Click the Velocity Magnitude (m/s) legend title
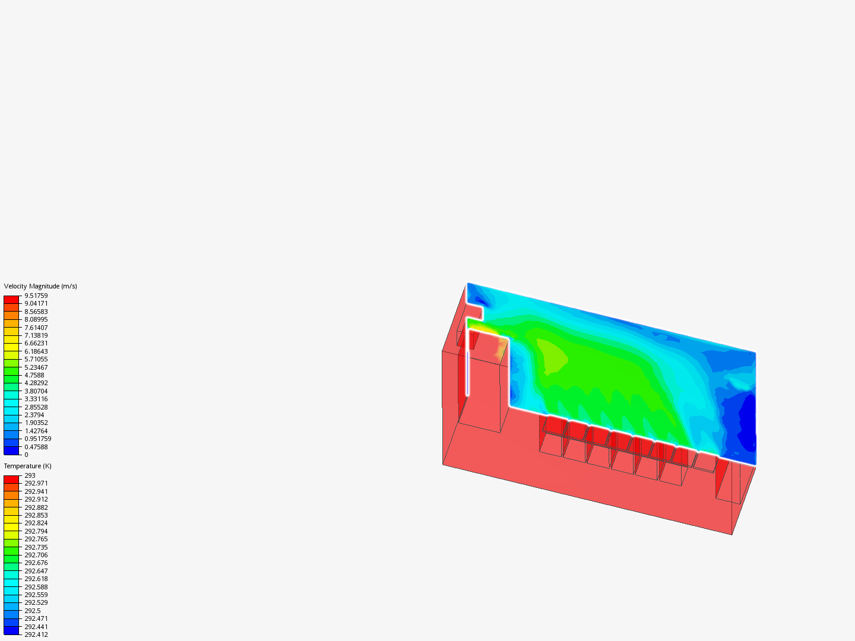(40, 287)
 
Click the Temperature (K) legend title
(28, 467)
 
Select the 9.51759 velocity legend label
(36, 296)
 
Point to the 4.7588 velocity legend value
(34, 375)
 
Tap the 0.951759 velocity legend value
(38, 439)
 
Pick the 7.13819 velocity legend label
(36, 335)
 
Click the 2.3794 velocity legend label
(34, 415)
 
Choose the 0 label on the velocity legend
(27, 455)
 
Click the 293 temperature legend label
(30, 475)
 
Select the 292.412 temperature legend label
(36, 635)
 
